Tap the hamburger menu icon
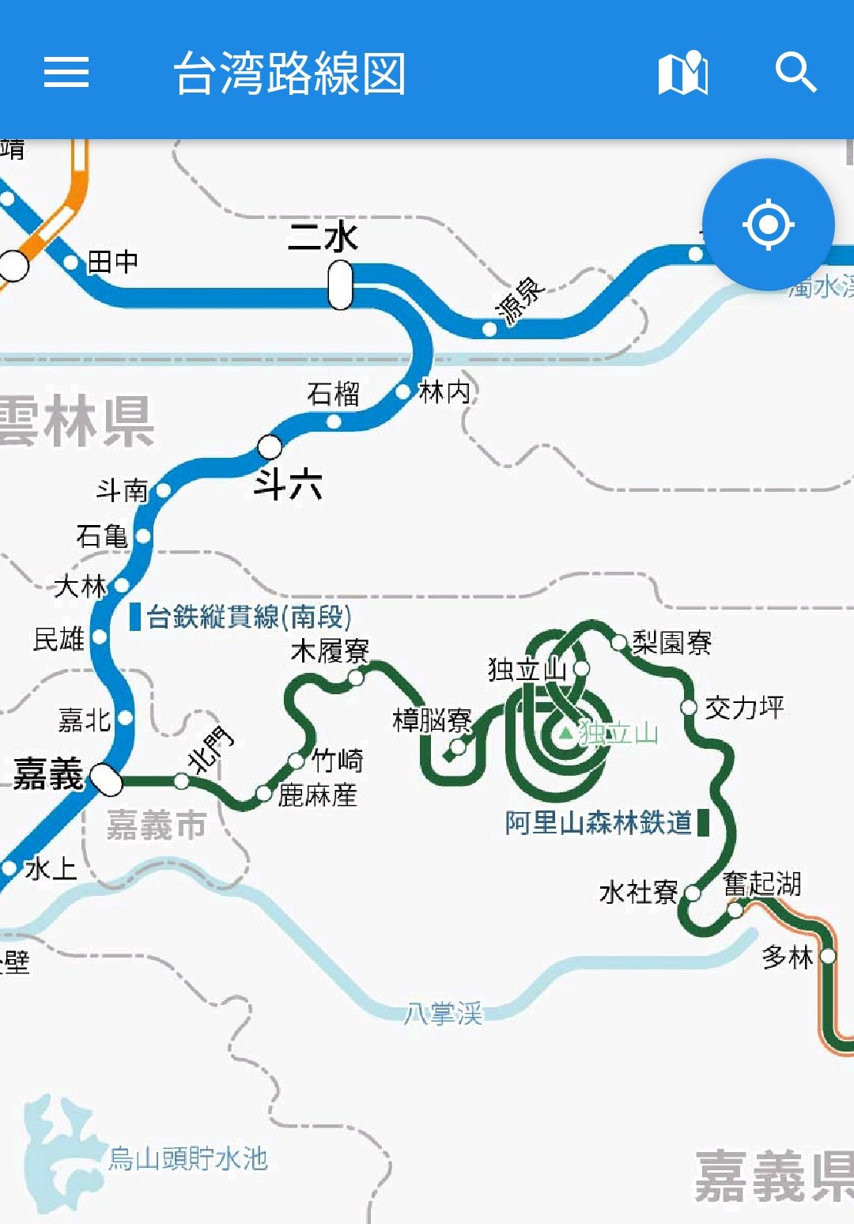tap(66, 72)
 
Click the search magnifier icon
tap(795, 72)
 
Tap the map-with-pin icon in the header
tap(683, 73)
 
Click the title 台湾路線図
tap(289, 74)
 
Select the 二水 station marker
tap(341, 285)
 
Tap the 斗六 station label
tap(288, 483)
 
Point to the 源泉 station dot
tap(489, 328)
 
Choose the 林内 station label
tap(444, 391)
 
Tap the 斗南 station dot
tap(164, 490)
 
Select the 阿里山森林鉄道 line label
tap(599, 822)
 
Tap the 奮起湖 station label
tap(762, 883)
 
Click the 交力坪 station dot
tap(689, 707)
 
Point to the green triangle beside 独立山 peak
tap(565, 733)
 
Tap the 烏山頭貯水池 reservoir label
tap(188, 1158)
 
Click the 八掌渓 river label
tap(443, 1013)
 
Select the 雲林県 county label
tap(77, 421)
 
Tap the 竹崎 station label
tap(338, 761)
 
